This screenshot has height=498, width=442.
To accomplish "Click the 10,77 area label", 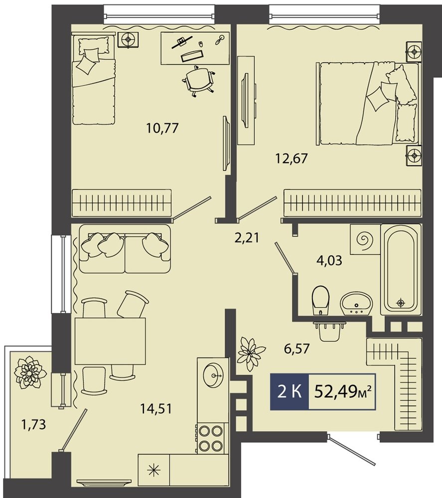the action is click(x=162, y=128).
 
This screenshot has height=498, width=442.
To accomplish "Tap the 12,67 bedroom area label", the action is click(x=292, y=158).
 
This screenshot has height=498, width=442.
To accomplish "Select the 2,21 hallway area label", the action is click(x=247, y=237).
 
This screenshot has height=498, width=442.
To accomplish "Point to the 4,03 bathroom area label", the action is click(x=329, y=260).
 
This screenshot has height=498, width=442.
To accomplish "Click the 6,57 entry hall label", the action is click(x=296, y=349).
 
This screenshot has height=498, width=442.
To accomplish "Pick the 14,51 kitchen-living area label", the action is click(x=156, y=409).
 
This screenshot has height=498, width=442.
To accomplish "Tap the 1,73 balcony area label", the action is click(x=33, y=424).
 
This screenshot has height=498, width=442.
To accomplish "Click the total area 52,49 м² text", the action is click(x=342, y=392).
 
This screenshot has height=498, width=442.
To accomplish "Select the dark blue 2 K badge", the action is click(x=289, y=391).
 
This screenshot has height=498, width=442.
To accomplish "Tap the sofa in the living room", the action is click(x=125, y=249).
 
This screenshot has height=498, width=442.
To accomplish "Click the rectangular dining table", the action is click(x=110, y=341).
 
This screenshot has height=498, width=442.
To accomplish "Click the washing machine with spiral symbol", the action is click(x=365, y=239).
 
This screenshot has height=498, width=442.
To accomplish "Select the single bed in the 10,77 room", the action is click(x=93, y=80).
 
